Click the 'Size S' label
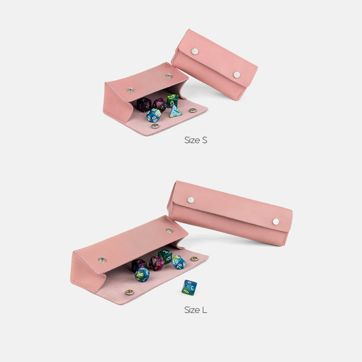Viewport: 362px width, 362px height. coord(195,140)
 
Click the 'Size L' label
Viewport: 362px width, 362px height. coord(195,310)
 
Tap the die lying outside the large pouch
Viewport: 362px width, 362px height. coord(189,288)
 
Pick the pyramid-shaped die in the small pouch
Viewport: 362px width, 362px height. coord(176,111)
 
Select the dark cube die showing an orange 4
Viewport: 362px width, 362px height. coord(144,104)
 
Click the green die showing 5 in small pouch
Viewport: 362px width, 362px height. coord(173,100)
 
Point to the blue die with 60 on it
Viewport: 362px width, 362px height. coord(153,115)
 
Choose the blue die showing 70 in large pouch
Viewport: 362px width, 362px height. coord(179,262)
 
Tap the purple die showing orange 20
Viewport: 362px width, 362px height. coord(157,263)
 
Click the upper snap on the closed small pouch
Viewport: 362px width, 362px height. coord(195,51)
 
